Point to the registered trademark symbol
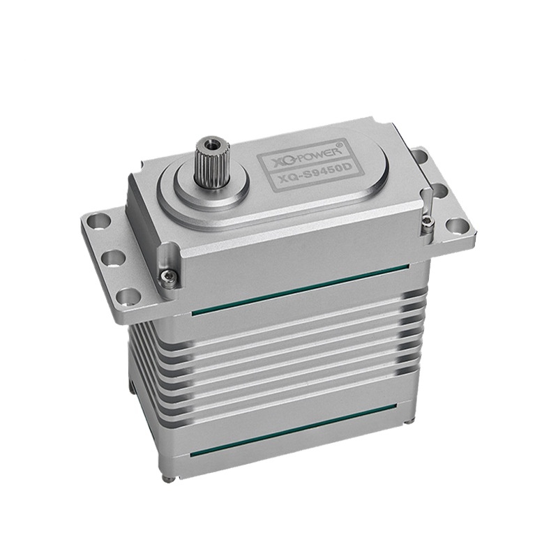[339, 145]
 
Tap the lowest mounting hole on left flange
[127, 295]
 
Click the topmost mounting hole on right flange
[420, 156]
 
